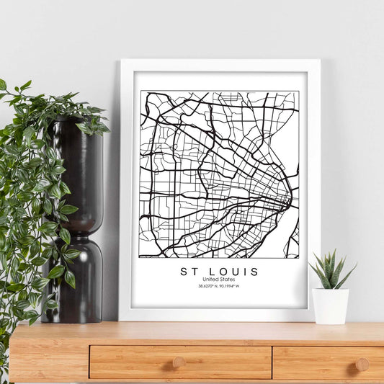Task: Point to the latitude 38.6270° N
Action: pyautogui.click(x=207, y=286)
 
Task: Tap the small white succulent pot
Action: pyautogui.click(x=331, y=305)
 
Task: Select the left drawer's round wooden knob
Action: pyautogui.click(x=179, y=362)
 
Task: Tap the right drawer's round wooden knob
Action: pyautogui.click(x=362, y=365)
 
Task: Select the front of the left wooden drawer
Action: pyautogui.click(x=180, y=362)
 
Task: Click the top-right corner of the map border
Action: pyautogui.click(x=298, y=91)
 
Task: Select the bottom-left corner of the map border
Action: pyautogui.click(x=140, y=258)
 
